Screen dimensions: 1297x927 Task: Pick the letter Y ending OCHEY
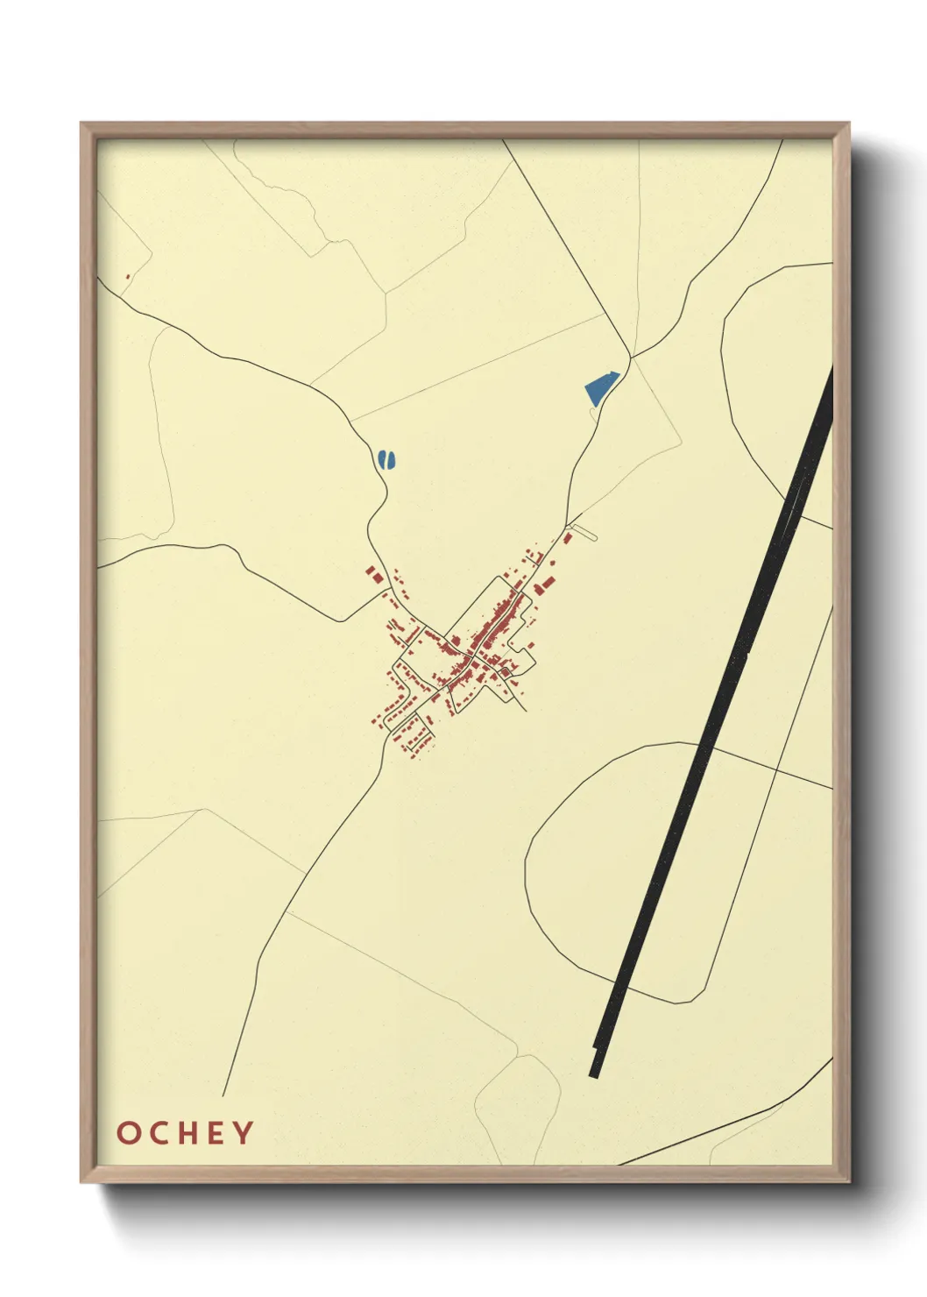point(243,1132)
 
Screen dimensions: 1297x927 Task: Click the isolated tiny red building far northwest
point(128,277)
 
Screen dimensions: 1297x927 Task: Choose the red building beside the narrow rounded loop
point(567,537)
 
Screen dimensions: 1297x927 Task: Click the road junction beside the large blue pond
point(631,358)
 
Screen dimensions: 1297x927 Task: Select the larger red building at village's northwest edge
point(373,576)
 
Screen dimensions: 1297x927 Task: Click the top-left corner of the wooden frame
point(81,124)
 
